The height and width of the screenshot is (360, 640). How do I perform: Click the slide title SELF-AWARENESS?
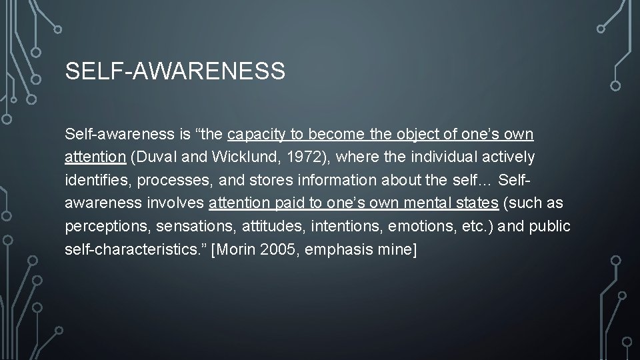point(175,71)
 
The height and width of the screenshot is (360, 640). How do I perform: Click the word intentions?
point(338,227)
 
